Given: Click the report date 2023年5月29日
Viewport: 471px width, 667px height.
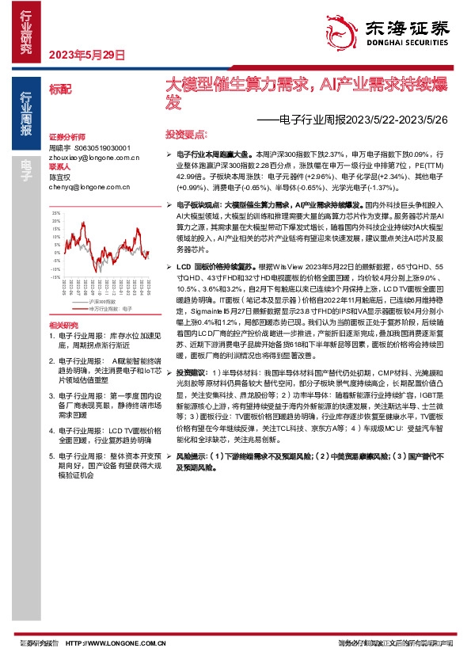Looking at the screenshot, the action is [87, 55].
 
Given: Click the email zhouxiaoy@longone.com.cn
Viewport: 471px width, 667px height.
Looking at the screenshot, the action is [94, 158].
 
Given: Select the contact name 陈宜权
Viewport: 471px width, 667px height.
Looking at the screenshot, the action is [61, 177].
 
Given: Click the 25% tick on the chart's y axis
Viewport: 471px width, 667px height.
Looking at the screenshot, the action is [55, 213].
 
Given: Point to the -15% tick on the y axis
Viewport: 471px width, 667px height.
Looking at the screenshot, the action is [54, 277].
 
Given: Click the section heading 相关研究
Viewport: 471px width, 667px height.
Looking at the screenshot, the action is [63, 325].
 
